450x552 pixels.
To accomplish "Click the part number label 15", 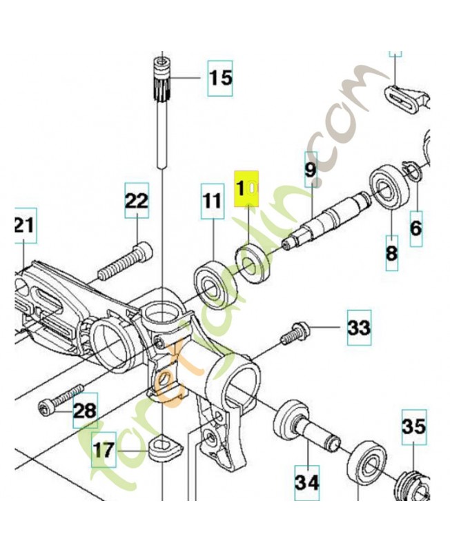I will click(x=221, y=77).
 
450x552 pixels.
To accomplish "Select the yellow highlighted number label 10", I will click(x=246, y=188).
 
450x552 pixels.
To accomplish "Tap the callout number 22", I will click(x=136, y=201).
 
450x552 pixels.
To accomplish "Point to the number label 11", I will click(x=213, y=201).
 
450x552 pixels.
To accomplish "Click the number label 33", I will click(x=358, y=327).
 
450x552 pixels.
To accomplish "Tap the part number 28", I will click(x=85, y=411).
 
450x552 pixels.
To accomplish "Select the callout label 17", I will click(x=104, y=451).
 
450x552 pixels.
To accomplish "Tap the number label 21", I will click(x=22, y=225).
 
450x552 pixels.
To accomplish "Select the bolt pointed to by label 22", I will click(x=124, y=262).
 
